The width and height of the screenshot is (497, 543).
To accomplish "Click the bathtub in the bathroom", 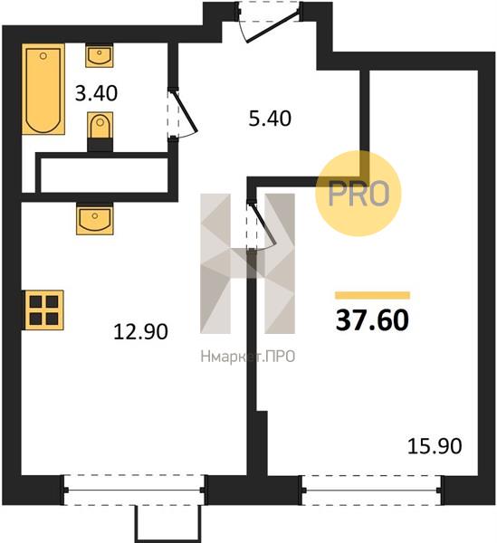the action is (43, 89).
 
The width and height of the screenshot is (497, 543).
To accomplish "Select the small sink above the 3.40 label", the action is (100, 55).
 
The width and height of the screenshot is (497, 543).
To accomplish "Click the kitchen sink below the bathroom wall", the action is (95, 219).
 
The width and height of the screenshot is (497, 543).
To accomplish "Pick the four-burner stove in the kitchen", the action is (43, 310).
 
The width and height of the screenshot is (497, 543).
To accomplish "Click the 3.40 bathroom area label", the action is (96, 93).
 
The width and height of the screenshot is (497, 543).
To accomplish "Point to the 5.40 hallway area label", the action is (270, 119).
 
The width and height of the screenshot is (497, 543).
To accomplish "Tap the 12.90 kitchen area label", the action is (140, 331).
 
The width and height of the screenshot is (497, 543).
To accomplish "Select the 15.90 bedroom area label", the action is (435, 446).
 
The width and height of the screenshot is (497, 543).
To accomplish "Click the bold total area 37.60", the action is (372, 320).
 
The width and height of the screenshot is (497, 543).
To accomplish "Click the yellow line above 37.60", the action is (372, 295).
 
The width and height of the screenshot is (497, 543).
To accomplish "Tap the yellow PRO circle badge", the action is (358, 193).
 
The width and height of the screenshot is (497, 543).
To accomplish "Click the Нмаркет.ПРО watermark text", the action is (248, 357).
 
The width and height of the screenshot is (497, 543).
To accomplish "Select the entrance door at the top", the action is (269, 22).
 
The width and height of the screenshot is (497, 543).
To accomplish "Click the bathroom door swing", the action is (183, 114).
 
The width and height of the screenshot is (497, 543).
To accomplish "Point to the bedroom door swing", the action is (263, 225).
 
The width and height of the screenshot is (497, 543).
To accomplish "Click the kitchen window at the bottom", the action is (134, 490).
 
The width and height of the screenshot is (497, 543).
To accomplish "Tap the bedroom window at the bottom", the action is (372, 490).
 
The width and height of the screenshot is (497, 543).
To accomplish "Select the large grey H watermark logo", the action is (248, 263).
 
